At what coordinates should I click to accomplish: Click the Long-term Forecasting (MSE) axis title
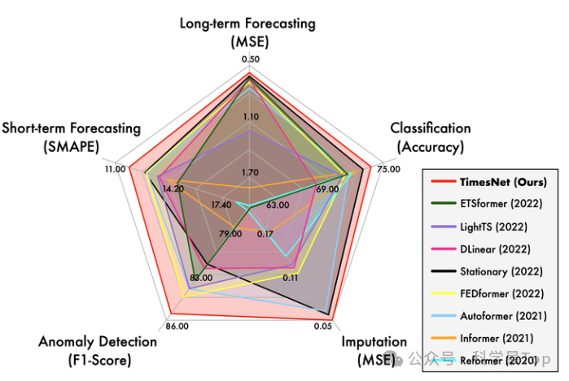[x=247, y=31]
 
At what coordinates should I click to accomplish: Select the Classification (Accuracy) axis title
[x=430, y=137]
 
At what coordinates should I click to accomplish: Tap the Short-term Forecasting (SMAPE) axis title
[x=72, y=137]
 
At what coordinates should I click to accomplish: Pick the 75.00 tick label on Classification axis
[x=389, y=170]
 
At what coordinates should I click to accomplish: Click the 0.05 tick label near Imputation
[x=322, y=327]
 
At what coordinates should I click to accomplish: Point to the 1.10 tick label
[x=251, y=116]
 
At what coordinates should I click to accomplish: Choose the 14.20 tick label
[x=173, y=188]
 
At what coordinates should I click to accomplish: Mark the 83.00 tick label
[x=200, y=278]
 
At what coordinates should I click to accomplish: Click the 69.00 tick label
[x=326, y=188]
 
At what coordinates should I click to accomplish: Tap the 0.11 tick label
[x=289, y=278]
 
